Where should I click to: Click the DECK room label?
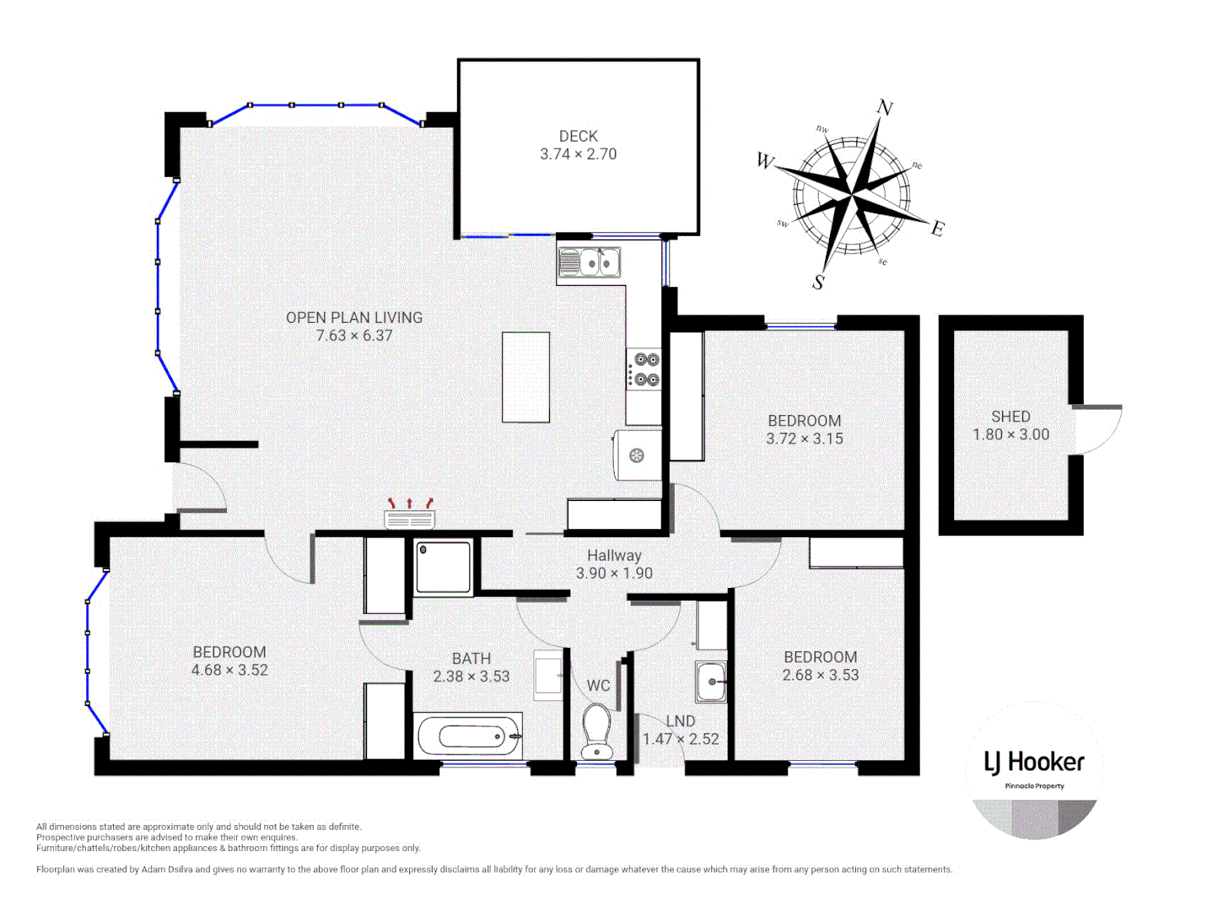tap(578, 136)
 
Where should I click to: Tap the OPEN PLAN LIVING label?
tap(353, 317)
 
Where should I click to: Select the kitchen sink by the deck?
tap(590, 263)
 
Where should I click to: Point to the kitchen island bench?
tap(525, 377)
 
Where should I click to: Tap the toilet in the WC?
tap(597, 731)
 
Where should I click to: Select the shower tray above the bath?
tap(443, 568)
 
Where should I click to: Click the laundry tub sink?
tap(711, 682)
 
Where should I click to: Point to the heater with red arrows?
tap(410, 515)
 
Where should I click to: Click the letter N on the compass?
tap(885, 107)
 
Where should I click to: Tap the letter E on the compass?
tap(938, 229)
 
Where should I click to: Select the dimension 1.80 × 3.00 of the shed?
tap(1010, 434)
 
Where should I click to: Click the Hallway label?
tap(614, 555)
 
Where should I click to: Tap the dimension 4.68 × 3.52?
tap(229, 670)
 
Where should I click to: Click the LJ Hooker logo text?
tap(1034, 763)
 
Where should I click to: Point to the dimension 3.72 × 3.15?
tap(804, 439)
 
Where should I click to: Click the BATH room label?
tap(471, 658)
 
